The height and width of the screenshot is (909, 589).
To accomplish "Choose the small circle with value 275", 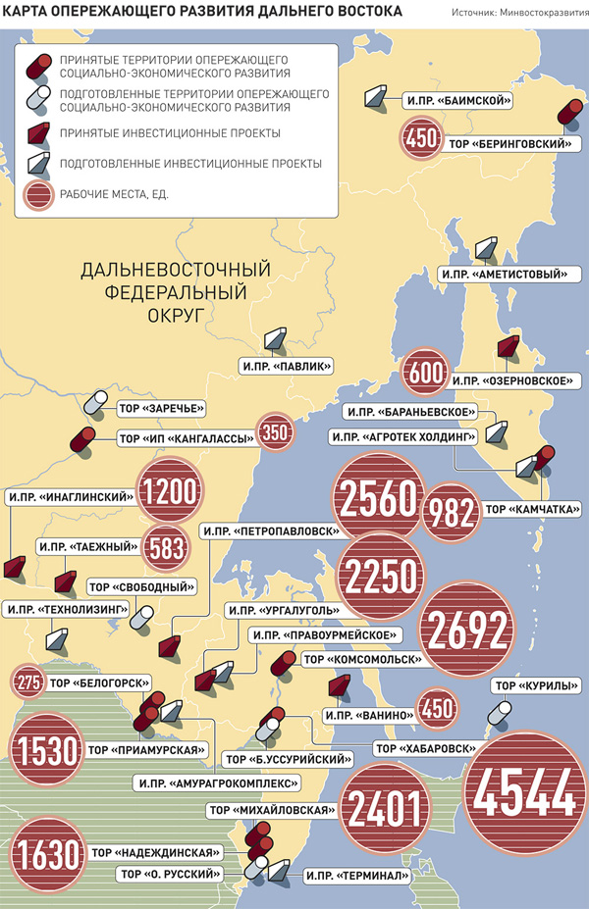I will tap(27, 682).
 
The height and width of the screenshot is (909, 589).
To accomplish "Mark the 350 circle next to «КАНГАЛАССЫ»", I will tap(276, 433).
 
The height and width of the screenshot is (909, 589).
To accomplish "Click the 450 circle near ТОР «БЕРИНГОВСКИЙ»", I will tap(420, 141).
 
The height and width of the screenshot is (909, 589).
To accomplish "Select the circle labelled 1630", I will tap(47, 854).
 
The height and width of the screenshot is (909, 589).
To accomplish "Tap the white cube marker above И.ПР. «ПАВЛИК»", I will tap(275, 339).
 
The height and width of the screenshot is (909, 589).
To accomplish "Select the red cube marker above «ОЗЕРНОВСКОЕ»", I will tap(508, 348).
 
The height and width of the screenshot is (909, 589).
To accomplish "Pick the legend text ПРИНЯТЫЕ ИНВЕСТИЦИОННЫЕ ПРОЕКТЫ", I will tap(170, 131).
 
